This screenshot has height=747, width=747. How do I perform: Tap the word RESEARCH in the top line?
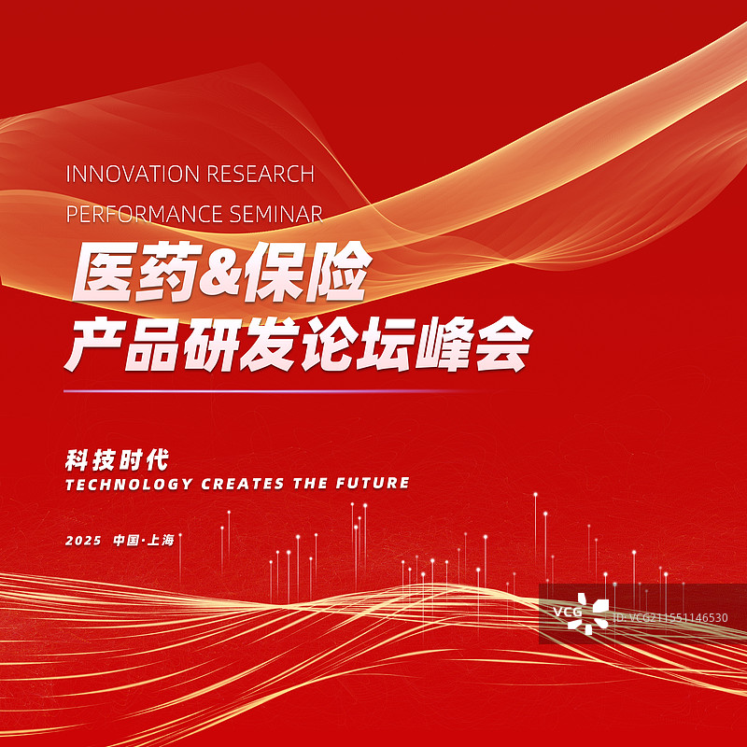pyautogui.click(x=260, y=174)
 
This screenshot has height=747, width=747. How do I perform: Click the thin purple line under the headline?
pyautogui.click(x=271, y=390)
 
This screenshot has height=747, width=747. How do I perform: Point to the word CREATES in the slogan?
pyautogui.click(x=238, y=484)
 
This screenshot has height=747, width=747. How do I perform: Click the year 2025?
pyautogui.click(x=84, y=541)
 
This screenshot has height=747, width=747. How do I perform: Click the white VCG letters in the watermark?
pyautogui.click(x=567, y=613)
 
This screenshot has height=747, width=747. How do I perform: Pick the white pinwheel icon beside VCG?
pyautogui.click(x=597, y=611)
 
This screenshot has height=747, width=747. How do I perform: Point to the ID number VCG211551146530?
pyautogui.click(x=670, y=617)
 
